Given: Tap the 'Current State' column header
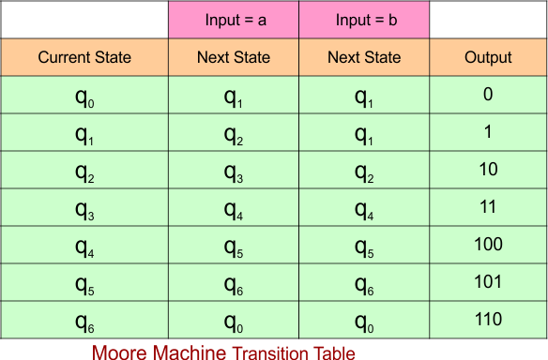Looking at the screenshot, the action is [84, 58].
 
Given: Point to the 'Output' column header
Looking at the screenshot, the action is [488, 58].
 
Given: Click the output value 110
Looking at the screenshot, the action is [488, 320].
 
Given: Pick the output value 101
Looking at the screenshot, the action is [488, 282].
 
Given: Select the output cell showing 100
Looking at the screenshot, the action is [488, 245].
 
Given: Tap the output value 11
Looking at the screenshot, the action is [488, 207].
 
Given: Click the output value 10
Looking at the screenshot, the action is [488, 170].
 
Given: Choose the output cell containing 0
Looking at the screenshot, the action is [488, 95].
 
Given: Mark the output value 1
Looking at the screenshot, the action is [488, 132].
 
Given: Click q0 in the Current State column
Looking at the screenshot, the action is [84, 97].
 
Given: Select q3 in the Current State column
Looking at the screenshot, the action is [84, 209].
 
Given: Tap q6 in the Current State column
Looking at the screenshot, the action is [84, 322].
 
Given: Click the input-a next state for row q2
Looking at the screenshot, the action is [234, 172].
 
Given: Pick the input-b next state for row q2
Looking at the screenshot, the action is [364, 172].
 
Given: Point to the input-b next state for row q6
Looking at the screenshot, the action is [364, 322].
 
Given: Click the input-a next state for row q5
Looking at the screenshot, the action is [234, 284].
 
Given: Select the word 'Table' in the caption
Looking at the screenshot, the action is [334, 352].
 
